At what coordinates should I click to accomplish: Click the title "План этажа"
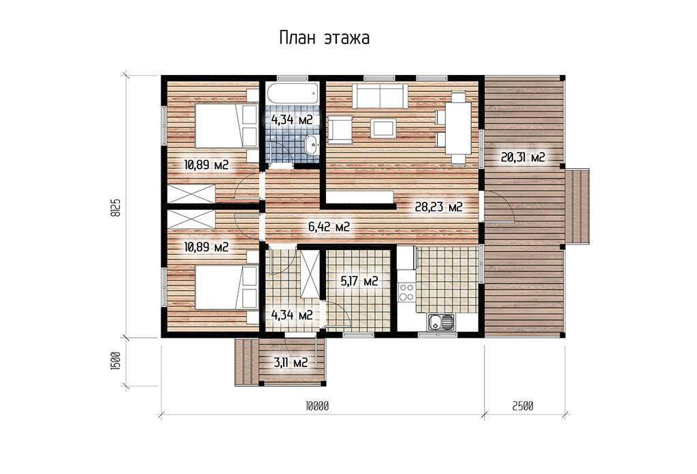(325, 37)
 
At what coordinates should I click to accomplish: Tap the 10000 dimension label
(317, 406)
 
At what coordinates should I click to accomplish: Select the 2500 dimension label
(523, 406)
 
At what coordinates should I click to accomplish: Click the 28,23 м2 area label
(439, 207)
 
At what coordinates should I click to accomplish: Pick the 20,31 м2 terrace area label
(523, 157)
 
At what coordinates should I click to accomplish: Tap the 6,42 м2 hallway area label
(329, 227)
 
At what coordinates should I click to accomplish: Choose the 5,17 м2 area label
(359, 281)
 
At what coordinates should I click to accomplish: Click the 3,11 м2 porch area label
(291, 362)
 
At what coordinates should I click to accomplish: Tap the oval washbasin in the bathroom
(312, 144)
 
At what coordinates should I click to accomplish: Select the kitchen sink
(441, 321)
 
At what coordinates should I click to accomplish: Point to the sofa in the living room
(380, 96)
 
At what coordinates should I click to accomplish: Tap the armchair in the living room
(340, 129)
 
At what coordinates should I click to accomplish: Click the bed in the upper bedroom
(226, 125)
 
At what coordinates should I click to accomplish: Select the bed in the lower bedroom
(226, 287)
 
